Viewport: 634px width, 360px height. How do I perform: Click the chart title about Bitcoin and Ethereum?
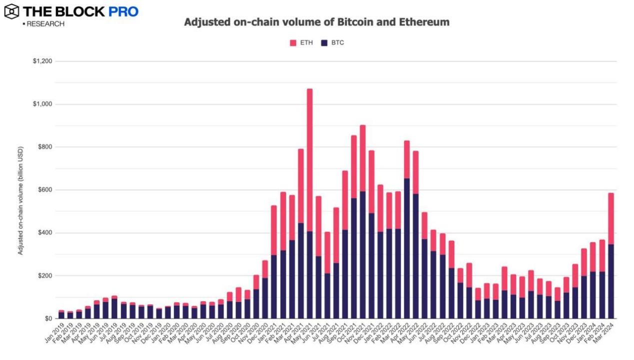tap(317, 22)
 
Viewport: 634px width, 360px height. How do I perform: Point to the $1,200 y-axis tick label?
tap(42, 61)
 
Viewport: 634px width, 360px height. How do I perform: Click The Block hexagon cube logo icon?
tap(11, 11)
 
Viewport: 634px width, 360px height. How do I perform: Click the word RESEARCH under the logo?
tap(45, 24)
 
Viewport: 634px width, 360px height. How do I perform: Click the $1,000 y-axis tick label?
tap(42, 104)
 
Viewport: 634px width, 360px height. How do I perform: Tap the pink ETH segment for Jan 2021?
tap(274, 230)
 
